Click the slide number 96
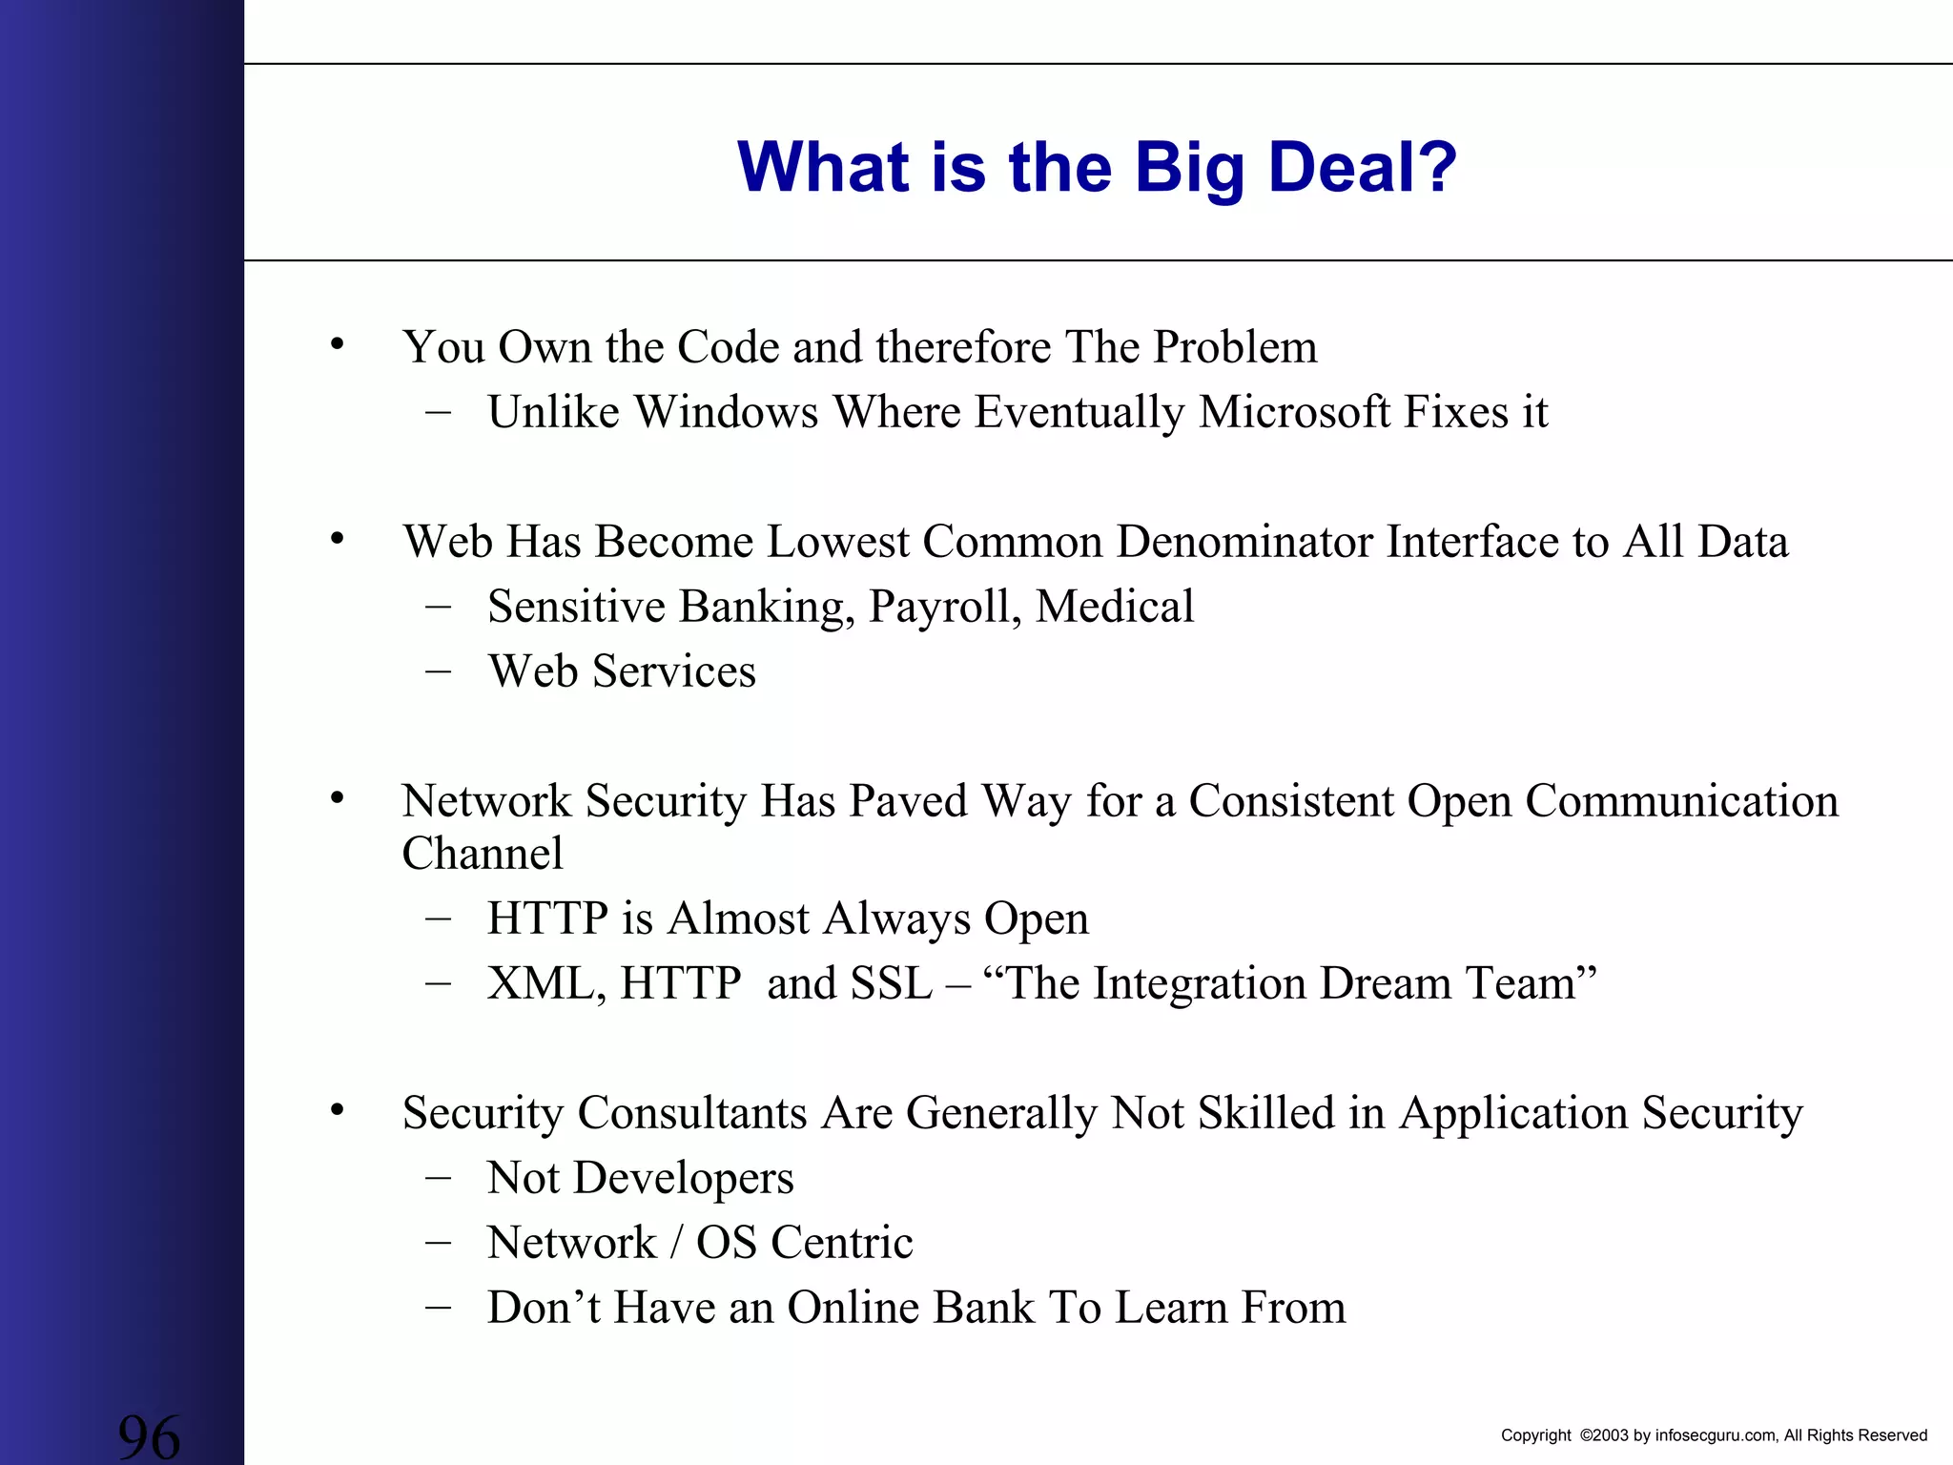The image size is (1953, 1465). (x=149, y=1436)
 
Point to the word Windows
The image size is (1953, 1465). (x=727, y=412)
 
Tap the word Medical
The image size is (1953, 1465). (x=1115, y=607)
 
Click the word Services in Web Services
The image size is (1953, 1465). (x=674, y=671)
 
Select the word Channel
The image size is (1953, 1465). (x=483, y=854)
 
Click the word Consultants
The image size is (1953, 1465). (x=692, y=1113)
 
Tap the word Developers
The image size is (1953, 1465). (x=684, y=1179)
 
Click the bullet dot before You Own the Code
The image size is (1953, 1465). (x=337, y=344)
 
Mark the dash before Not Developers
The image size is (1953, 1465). (x=438, y=1178)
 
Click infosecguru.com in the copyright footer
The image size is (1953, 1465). (x=1716, y=1435)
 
